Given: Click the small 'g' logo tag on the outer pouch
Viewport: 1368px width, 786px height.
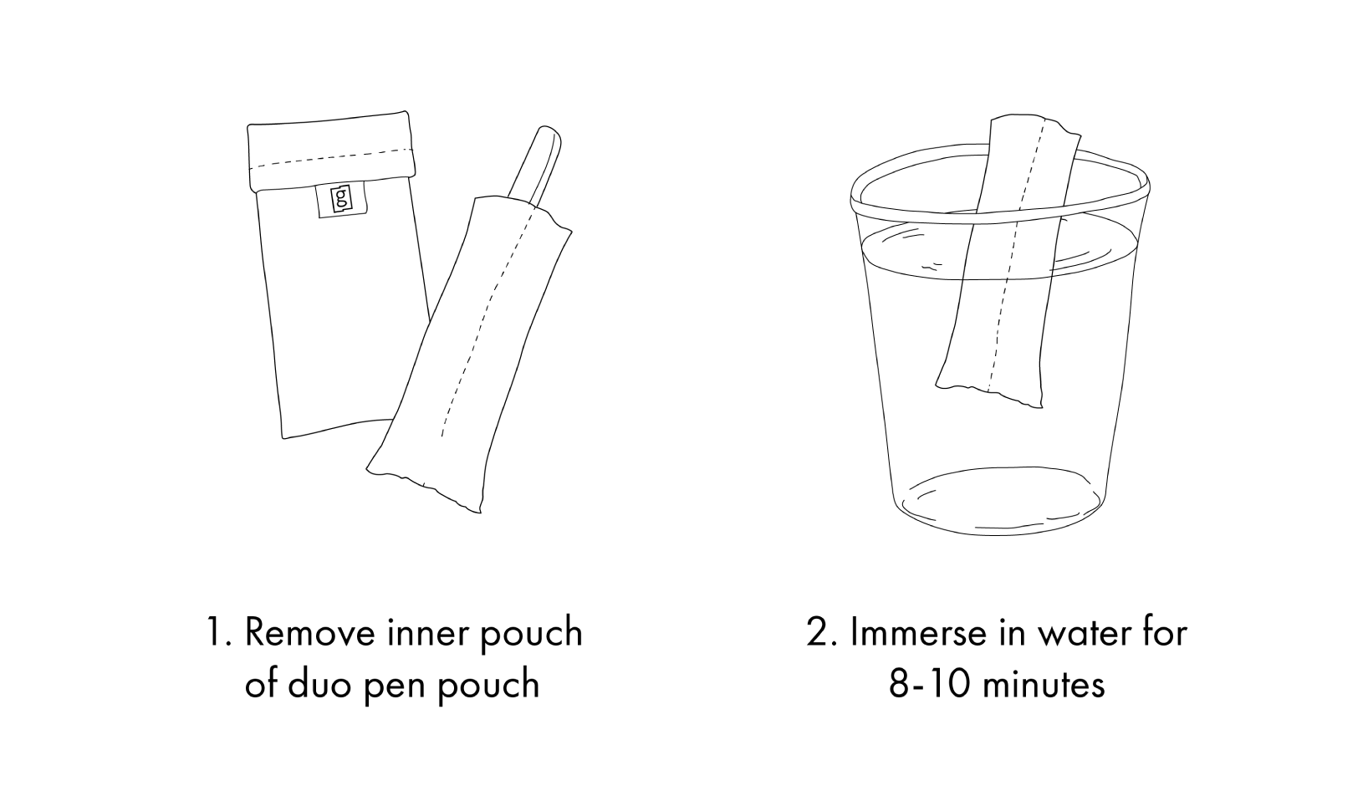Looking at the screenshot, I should click(x=341, y=200).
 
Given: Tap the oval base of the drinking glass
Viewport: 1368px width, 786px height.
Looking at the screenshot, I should click(x=1000, y=501).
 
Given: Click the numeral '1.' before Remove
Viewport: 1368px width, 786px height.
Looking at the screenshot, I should click(x=217, y=632).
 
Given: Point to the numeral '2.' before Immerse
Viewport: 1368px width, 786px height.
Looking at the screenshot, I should click(x=822, y=632).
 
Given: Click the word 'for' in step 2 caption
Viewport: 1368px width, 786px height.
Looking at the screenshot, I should click(x=1163, y=632).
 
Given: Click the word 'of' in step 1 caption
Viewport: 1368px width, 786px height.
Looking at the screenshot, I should click(x=261, y=684).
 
